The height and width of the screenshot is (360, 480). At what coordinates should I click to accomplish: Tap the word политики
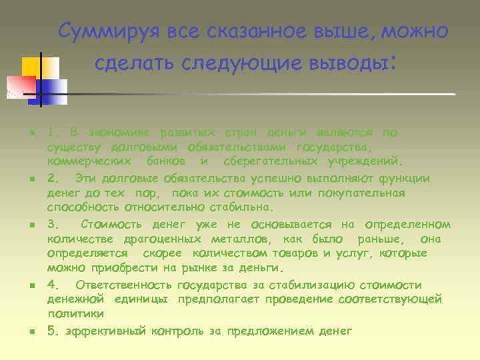click(75, 313)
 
